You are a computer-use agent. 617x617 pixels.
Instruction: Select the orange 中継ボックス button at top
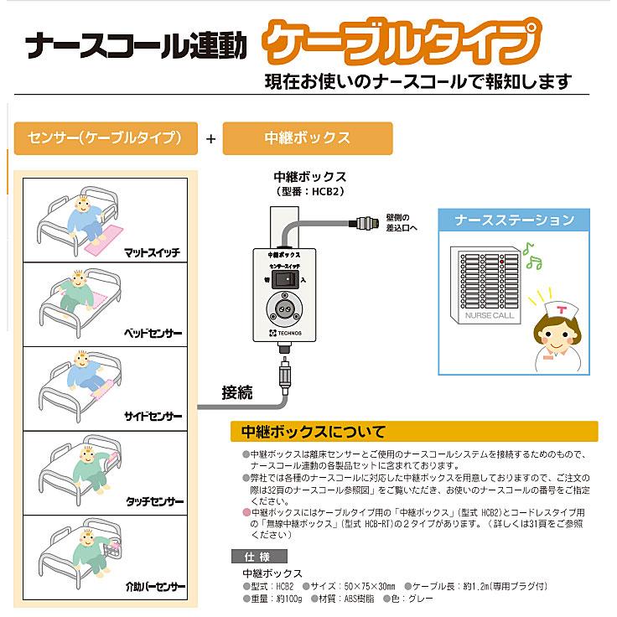[307, 137]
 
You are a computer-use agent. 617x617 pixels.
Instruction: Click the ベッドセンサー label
[152, 333]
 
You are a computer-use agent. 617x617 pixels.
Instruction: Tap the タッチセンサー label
[153, 501]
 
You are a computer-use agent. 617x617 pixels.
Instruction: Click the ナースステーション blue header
[514, 220]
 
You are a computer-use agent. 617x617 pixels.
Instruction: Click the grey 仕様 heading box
[258, 557]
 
